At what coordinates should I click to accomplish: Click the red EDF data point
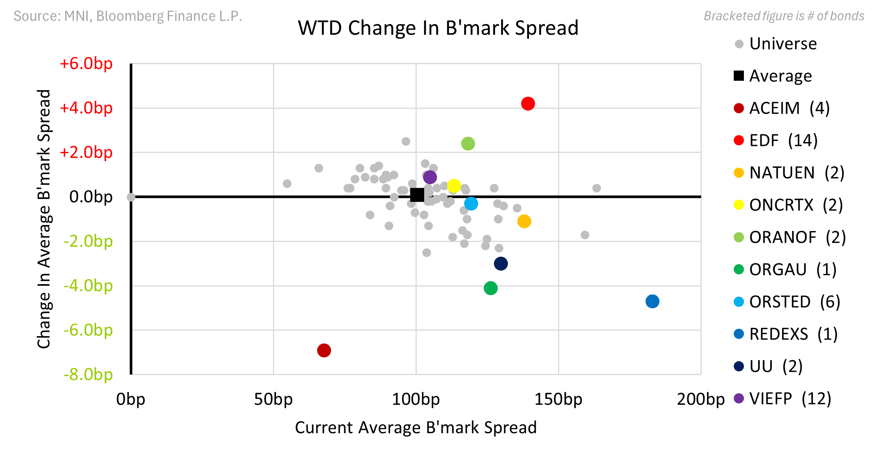[528, 103]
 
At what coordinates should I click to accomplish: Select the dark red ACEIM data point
[324, 350]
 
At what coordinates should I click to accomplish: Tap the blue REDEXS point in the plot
[652, 301]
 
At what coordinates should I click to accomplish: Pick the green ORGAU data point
[491, 288]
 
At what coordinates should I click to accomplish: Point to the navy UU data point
[501, 263]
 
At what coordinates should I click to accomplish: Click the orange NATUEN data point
[524, 221]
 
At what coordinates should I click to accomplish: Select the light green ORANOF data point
[468, 143]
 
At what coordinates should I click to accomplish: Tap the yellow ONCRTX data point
[454, 186]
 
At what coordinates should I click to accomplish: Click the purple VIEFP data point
[430, 177]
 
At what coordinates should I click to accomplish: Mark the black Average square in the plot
[417, 195]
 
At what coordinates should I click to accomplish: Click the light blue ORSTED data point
[471, 203]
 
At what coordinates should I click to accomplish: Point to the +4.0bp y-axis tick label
[86, 108]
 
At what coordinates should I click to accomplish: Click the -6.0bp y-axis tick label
[88, 330]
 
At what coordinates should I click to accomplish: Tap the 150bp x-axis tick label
[558, 399]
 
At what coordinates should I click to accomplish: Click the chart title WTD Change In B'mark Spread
[438, 28]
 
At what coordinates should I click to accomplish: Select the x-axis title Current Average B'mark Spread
[416, 428]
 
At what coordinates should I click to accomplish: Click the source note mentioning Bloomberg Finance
[128, 16]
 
